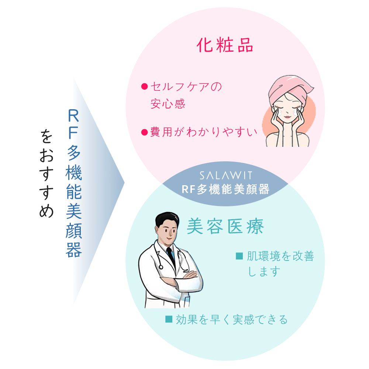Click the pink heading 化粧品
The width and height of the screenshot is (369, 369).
(x=225, y=45)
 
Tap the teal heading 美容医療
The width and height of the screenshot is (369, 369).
(x=225, y=226)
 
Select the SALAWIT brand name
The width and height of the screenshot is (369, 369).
(x=226, y=175)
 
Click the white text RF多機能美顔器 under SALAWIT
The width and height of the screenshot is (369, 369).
(x=225, y=189)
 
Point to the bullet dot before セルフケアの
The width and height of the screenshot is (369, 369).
(x=144, y=87)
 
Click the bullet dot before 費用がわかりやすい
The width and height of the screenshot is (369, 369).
(x=144, y=132)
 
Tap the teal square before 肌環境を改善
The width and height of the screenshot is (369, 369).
(x=239, y=256)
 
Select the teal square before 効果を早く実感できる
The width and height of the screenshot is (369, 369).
(x=169, y=319)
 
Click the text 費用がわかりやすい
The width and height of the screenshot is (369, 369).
(x=204, y=132)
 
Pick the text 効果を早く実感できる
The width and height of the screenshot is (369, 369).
(x=232, y=319)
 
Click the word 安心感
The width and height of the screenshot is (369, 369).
(x=168, y=104)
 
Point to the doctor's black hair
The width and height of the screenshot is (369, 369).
(x=167, y=219)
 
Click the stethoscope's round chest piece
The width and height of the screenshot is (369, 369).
(x=161, y=267)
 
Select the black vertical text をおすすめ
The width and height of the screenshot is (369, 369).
(x=46, y=173)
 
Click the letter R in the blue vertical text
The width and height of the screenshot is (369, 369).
(x=73, y=115)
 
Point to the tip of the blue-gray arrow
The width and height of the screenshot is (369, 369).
(x=124, y=182)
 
